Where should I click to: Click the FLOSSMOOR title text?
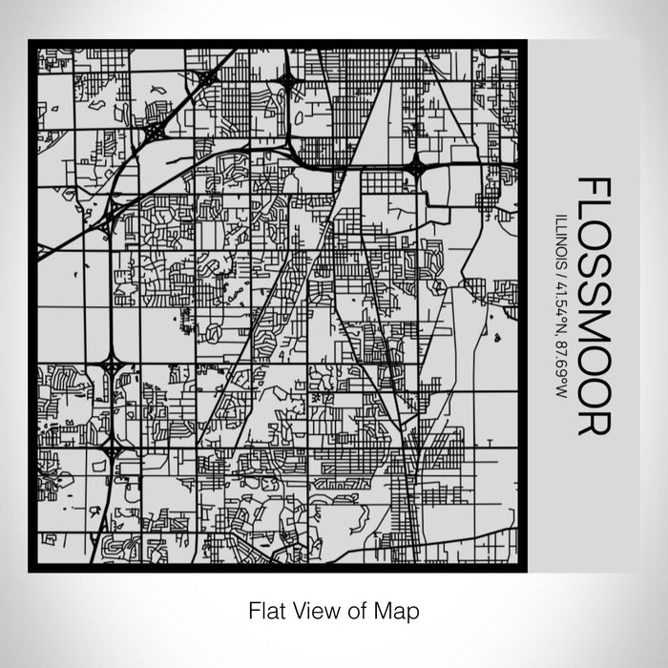pyautogui.click(x=588, y=305)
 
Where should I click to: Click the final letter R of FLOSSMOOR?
pyautogui.click(x=588, y=423)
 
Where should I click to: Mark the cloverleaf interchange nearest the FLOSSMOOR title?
pyautogui.click(x=417, y=168)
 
